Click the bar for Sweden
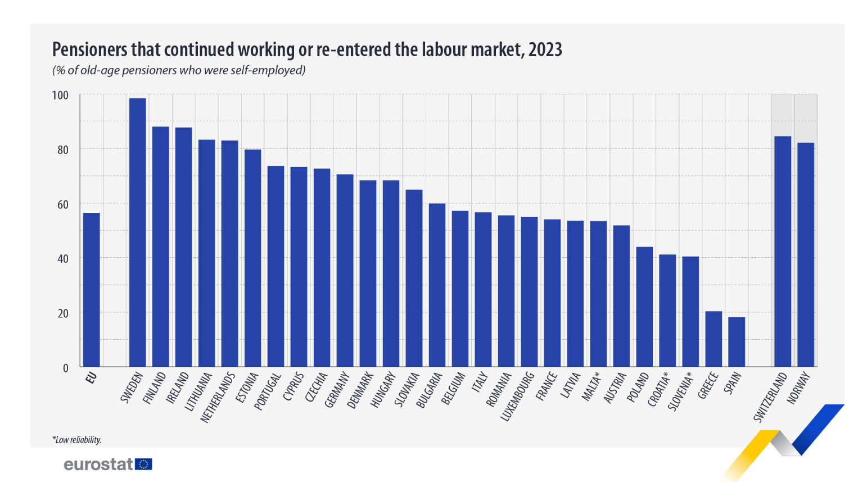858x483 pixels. [x=138, y=233]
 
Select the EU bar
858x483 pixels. [x=92, y=290]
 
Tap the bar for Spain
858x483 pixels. [x=737, y=342]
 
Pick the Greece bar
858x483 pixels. [x=714, y=339]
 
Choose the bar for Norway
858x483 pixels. [x=806, y=255]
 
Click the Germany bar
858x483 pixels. [x=345, y=271]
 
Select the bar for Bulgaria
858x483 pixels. [x=437, y=285]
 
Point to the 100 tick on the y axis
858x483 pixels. [x=60, y=95]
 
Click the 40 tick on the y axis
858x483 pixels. [x=62, y=259]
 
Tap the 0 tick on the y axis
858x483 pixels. [x=65, y=368]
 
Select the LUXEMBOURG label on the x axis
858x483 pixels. [x=517, y=397]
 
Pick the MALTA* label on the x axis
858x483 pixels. [x=591, y=386]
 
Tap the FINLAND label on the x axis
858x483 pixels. [x=155, y=388]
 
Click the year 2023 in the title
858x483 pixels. [x=545, y=50]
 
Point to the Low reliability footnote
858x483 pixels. [x=77, y=440]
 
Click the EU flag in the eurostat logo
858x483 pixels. [x=144, y=464]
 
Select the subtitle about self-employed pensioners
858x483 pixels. [x=179, y=71]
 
